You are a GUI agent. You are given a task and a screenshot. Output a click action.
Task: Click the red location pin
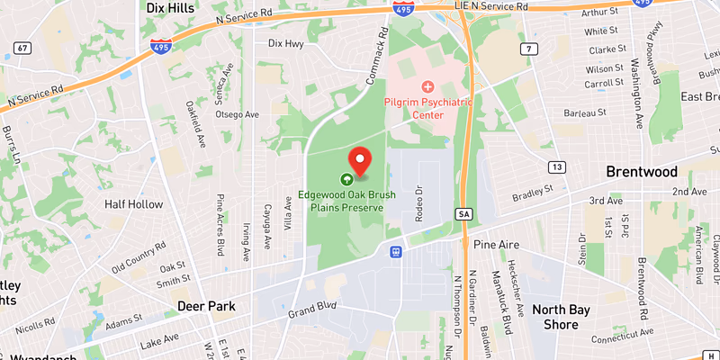pyautogui.click(x=360, y=160)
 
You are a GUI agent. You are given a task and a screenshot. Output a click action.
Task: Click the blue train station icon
pyautogui.click(x=395, y=252)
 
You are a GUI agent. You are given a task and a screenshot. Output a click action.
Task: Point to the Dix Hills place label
pyautogui.click(x=170, y=7)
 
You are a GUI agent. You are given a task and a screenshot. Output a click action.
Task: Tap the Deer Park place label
pyautogui.click(x=206, y=306)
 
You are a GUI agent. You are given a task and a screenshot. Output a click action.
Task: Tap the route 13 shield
pyautogui.click(x=558, y=166)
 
